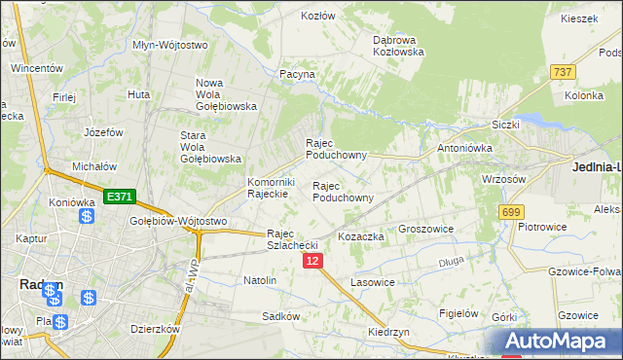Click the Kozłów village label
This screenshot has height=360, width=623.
click(x=318, y=16)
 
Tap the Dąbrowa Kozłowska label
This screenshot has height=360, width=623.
click(x=398, y=46)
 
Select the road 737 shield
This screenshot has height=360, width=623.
click(x=562, y=72)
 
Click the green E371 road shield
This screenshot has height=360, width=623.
click(x=119, y=197)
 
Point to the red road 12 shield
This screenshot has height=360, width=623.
click(x=311, y=261)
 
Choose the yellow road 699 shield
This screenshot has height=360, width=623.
click(x=510, y=211)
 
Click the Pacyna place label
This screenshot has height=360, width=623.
click(x=297, y=74)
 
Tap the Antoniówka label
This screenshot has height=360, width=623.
click(x=464, y=148)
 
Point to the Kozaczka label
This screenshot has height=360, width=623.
click(x=360, y=236)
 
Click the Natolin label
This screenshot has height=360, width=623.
click(x=260, y=280)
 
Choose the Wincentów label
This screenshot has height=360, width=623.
click(x=37, y=69)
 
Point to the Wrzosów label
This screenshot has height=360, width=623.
click(x=504, y=179)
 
